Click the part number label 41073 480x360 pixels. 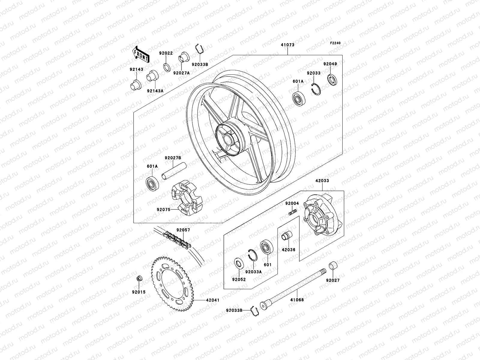[x=287, y=45]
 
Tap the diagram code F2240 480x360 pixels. [x=335, y=43]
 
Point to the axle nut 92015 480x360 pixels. [x=139, y=279]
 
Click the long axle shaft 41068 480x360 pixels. [x=294, y=287]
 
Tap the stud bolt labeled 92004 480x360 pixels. [x=292, y=213]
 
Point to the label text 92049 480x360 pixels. [x=330, y=64]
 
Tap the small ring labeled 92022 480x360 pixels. [x=166, y=67]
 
